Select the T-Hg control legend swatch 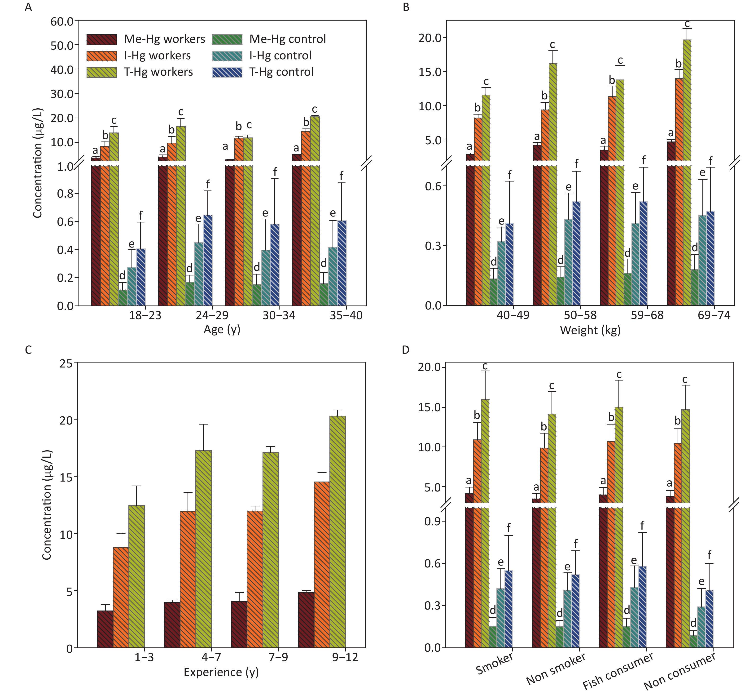coord(227,72)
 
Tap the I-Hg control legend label coord(280,55)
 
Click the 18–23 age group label coord(145,315)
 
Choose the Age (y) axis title coord(222,329)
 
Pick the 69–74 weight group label coord(714,315)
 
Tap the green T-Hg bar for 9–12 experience coord(338,532)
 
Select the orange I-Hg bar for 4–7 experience coord(188,579)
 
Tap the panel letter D coord(405,350)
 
